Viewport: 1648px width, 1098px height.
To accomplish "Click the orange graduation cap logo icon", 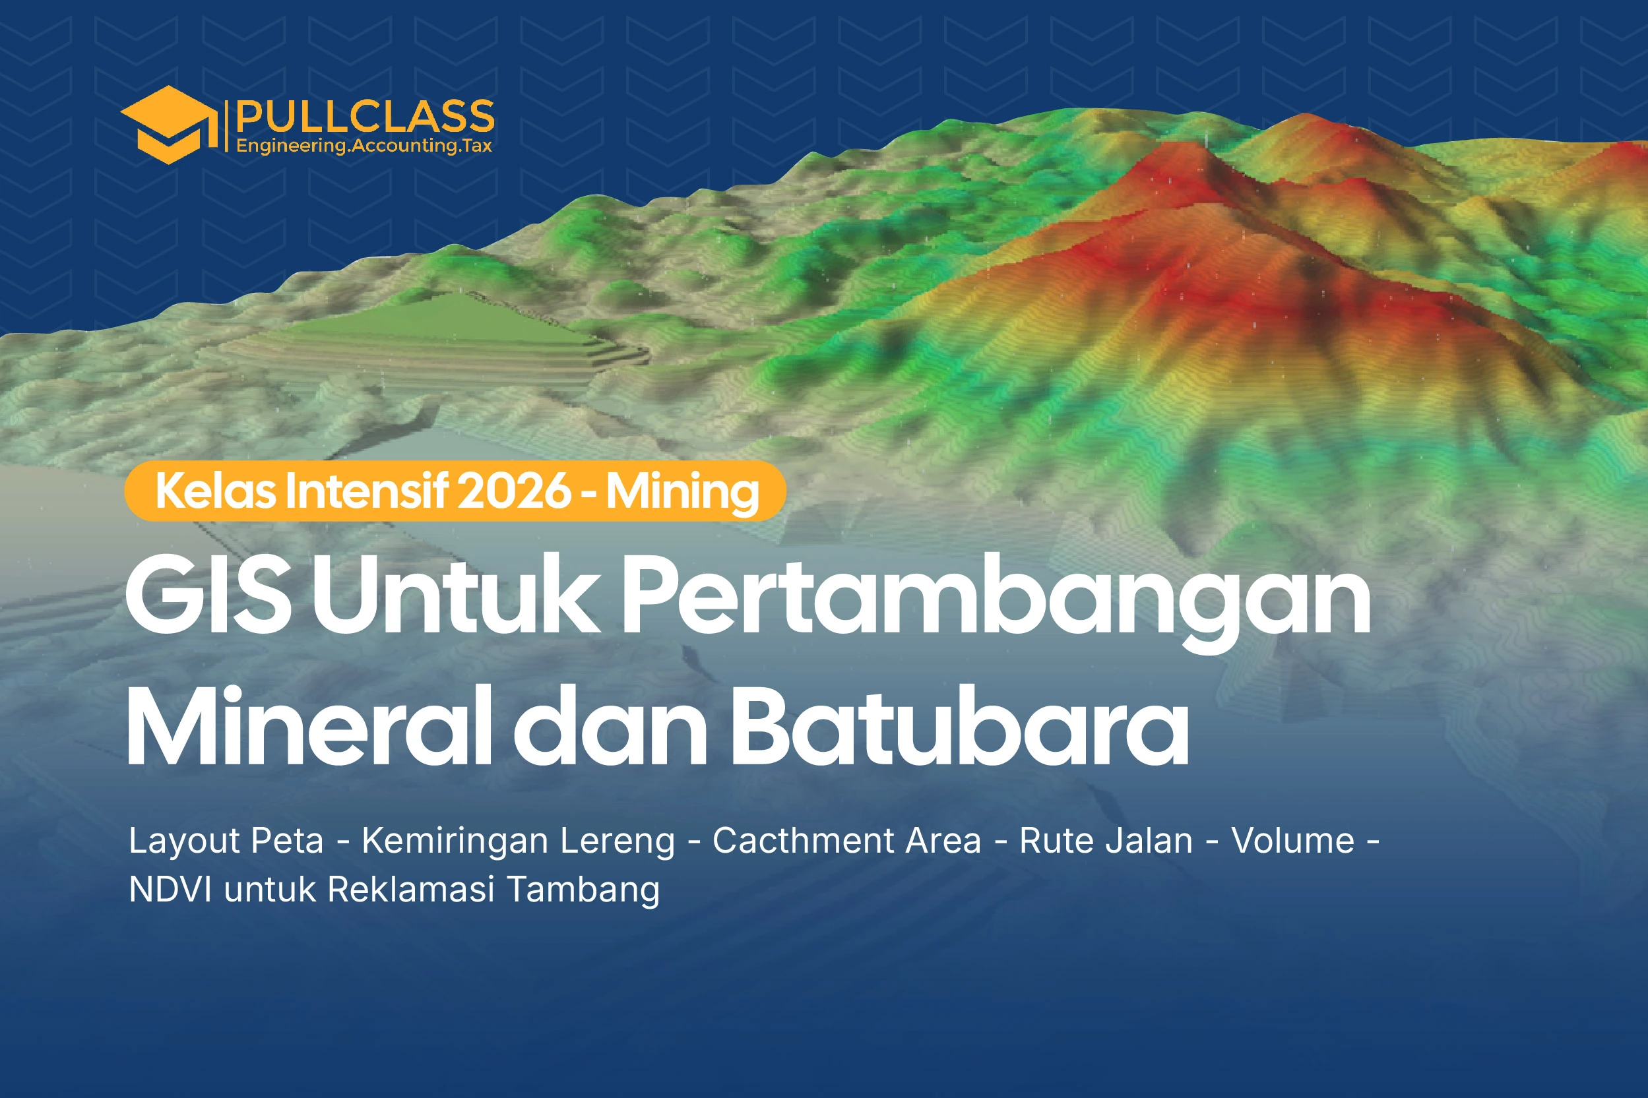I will tap(168, 125).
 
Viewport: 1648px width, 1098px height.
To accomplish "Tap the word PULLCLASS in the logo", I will tap(365, 115).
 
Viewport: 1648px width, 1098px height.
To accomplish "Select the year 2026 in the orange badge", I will tap(514, 491).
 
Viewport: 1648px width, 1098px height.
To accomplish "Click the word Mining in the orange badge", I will tap(682, 491).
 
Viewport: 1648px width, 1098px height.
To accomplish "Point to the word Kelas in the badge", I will tap(216, 491).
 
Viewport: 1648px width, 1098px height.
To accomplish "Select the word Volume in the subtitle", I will tap(1293, 841).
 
